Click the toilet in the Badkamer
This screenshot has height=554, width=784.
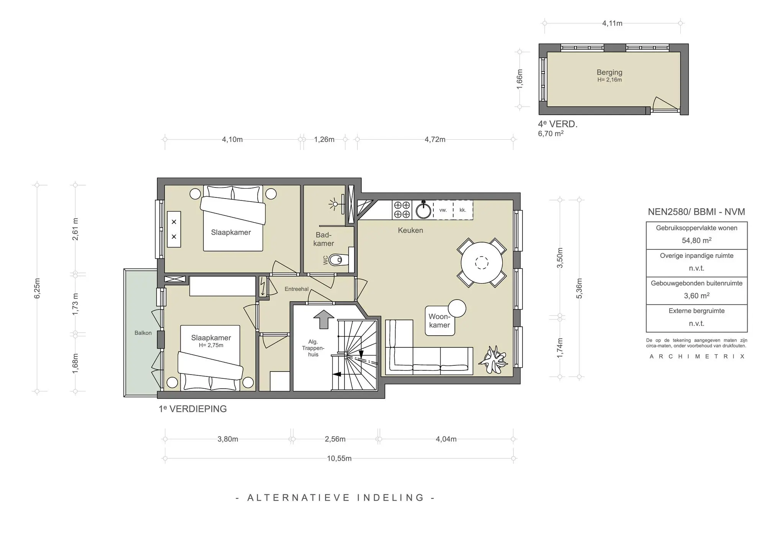tap(338, 260)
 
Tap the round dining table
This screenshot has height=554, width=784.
tap(482, 263)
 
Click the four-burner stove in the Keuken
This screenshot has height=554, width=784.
tap(402, 210)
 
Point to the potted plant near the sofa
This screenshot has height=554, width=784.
tap(494, 360)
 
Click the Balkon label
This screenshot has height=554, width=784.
tap(143, 333)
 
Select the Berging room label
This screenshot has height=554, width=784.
tap(609, 72)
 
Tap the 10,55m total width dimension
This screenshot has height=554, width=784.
tap(339, 458)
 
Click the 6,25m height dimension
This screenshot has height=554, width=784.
tap(37, 288)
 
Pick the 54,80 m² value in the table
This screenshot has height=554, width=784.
tap(696, 241)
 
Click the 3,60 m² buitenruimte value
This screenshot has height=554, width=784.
tap(696, 296)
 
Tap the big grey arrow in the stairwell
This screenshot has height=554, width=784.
tap(324, 319)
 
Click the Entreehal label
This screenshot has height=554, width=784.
tap(296, 289)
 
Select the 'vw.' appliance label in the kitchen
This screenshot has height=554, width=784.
tap(443, 210)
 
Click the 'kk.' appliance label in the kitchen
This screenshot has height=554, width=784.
tap(462, 210)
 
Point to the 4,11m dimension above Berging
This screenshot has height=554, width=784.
tap(612, 23)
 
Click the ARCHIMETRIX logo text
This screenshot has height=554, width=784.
tap(697, 357)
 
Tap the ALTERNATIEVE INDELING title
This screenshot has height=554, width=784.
tap(335, 498)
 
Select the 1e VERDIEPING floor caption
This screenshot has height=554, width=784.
tap(193, 409)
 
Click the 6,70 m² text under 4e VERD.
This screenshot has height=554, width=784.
tap(550, 134)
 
